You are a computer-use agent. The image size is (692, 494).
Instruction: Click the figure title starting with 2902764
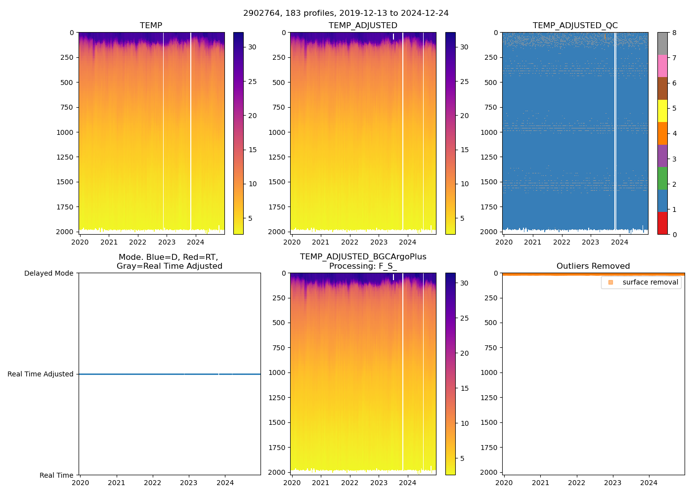[x=346, y=13]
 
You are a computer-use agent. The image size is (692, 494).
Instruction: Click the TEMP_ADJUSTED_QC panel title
[x=575, y=26]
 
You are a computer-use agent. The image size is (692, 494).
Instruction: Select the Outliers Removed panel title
[x=593, y=266]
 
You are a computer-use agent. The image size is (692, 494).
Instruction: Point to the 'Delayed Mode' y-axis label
[x=48, y=273]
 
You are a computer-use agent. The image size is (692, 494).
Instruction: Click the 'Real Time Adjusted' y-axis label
[x=41, y=374]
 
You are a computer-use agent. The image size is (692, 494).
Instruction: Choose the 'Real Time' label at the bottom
[x=56, y=475]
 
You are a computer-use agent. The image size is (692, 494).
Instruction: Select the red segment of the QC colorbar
[x=662, y=223]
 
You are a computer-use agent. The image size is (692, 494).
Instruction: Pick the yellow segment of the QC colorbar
[x=662, y=111]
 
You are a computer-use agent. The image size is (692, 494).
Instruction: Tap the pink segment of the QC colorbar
[x=662, y=66]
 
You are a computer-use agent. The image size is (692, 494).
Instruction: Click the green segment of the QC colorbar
[x=662, y=178]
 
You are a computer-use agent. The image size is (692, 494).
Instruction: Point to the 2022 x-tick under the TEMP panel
[x=138, y=242]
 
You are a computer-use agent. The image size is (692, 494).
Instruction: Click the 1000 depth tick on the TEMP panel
[x=65, y=132]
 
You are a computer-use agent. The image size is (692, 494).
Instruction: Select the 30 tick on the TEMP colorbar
[x=252, y=47]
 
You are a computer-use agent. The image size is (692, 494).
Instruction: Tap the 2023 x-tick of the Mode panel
[x=189, y=483]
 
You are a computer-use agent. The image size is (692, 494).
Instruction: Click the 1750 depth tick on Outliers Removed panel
[x=489, y=448]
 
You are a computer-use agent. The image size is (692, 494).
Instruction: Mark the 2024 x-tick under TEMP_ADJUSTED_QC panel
[x=619, y=242]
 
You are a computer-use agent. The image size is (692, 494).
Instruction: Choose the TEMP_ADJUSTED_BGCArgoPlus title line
[x=363, y=257]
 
